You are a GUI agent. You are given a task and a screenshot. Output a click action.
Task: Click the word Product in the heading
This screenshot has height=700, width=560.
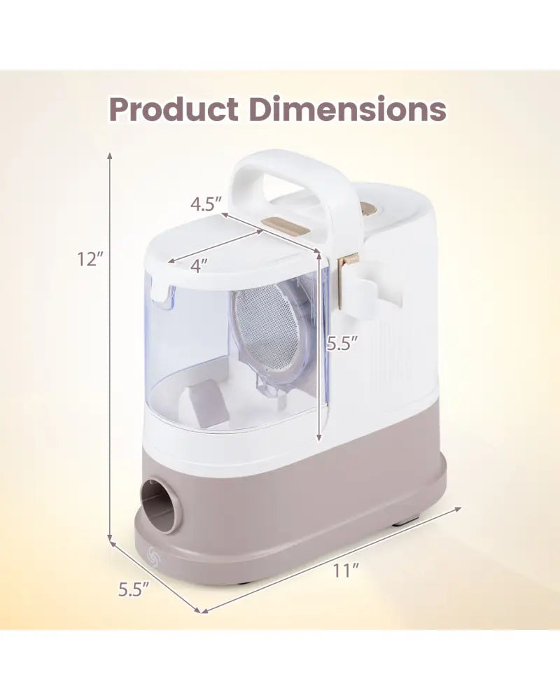click(x=174, y=110)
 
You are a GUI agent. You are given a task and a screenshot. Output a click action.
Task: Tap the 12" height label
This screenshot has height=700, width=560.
click(x=90, y=258)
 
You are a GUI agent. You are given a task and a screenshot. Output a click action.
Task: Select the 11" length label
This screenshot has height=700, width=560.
click(x=346, y=571)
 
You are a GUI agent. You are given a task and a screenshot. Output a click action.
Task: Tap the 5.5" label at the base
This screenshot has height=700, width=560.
click(x=133, y=590)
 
